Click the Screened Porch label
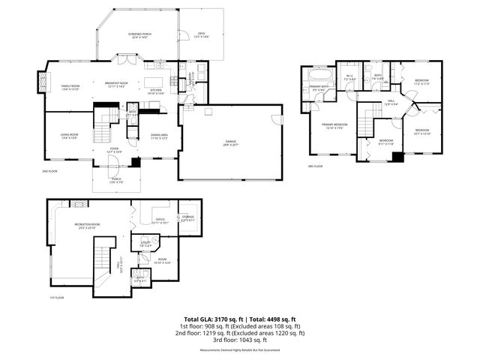pos(139,34)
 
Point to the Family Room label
pos(70,86)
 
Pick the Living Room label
pos(70,136)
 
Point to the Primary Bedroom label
pos(334,125)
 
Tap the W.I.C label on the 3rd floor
pos(349,76)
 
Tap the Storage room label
pos(187,218)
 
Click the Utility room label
pos(145,242)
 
